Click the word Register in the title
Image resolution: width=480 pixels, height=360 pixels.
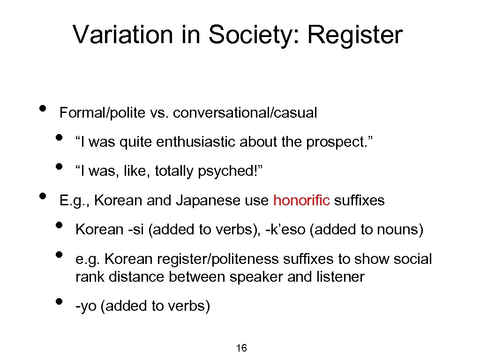(x=355, y=35)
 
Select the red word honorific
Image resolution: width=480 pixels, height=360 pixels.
(x=302, y=201)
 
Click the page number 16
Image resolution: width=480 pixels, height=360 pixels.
(x=241, y=348)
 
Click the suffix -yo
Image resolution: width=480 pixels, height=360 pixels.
(x=86, y=307)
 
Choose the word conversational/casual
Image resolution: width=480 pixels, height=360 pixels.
(x=245, y=113)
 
